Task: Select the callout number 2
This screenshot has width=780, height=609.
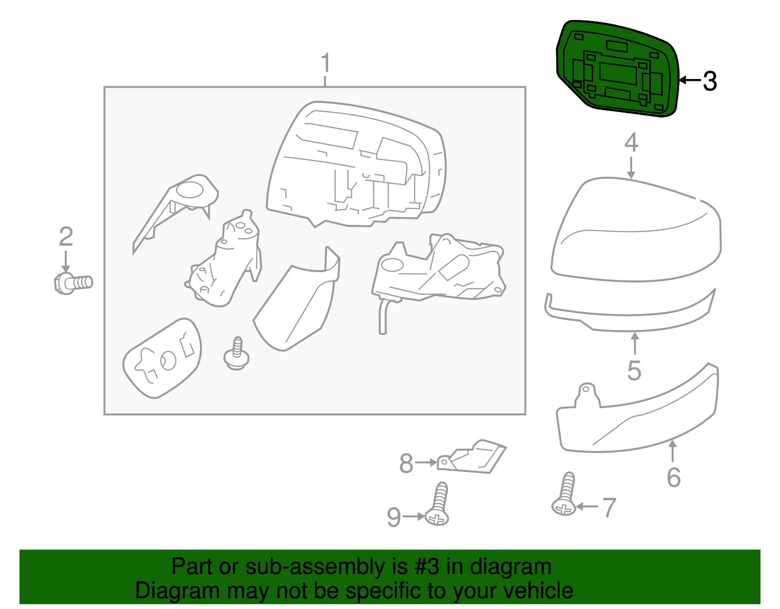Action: point(66,236)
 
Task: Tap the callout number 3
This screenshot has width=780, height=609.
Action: point(710,81)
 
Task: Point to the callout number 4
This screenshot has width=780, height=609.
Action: point(631,142)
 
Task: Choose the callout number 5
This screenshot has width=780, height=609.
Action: point(634,371)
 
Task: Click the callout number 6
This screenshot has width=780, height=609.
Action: point(673,477)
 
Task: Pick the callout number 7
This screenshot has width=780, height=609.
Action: point(609,508)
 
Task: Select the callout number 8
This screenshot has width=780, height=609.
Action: point(407,463)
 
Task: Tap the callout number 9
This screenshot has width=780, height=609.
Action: point(394,517)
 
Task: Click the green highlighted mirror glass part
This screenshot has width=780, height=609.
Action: point(617,69)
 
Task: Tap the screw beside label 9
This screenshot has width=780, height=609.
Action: point(438,504)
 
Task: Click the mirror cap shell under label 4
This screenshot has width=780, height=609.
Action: point(636,230)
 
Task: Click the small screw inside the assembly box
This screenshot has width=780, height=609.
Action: point(236,354)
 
